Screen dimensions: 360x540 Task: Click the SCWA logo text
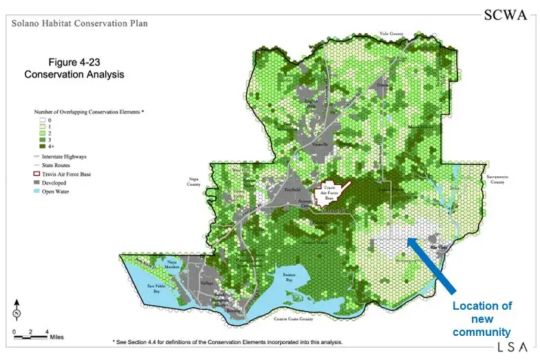506,15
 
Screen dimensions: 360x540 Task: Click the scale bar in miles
30,336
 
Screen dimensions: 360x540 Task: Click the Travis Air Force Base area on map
330,194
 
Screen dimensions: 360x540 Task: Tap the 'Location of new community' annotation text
482,319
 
